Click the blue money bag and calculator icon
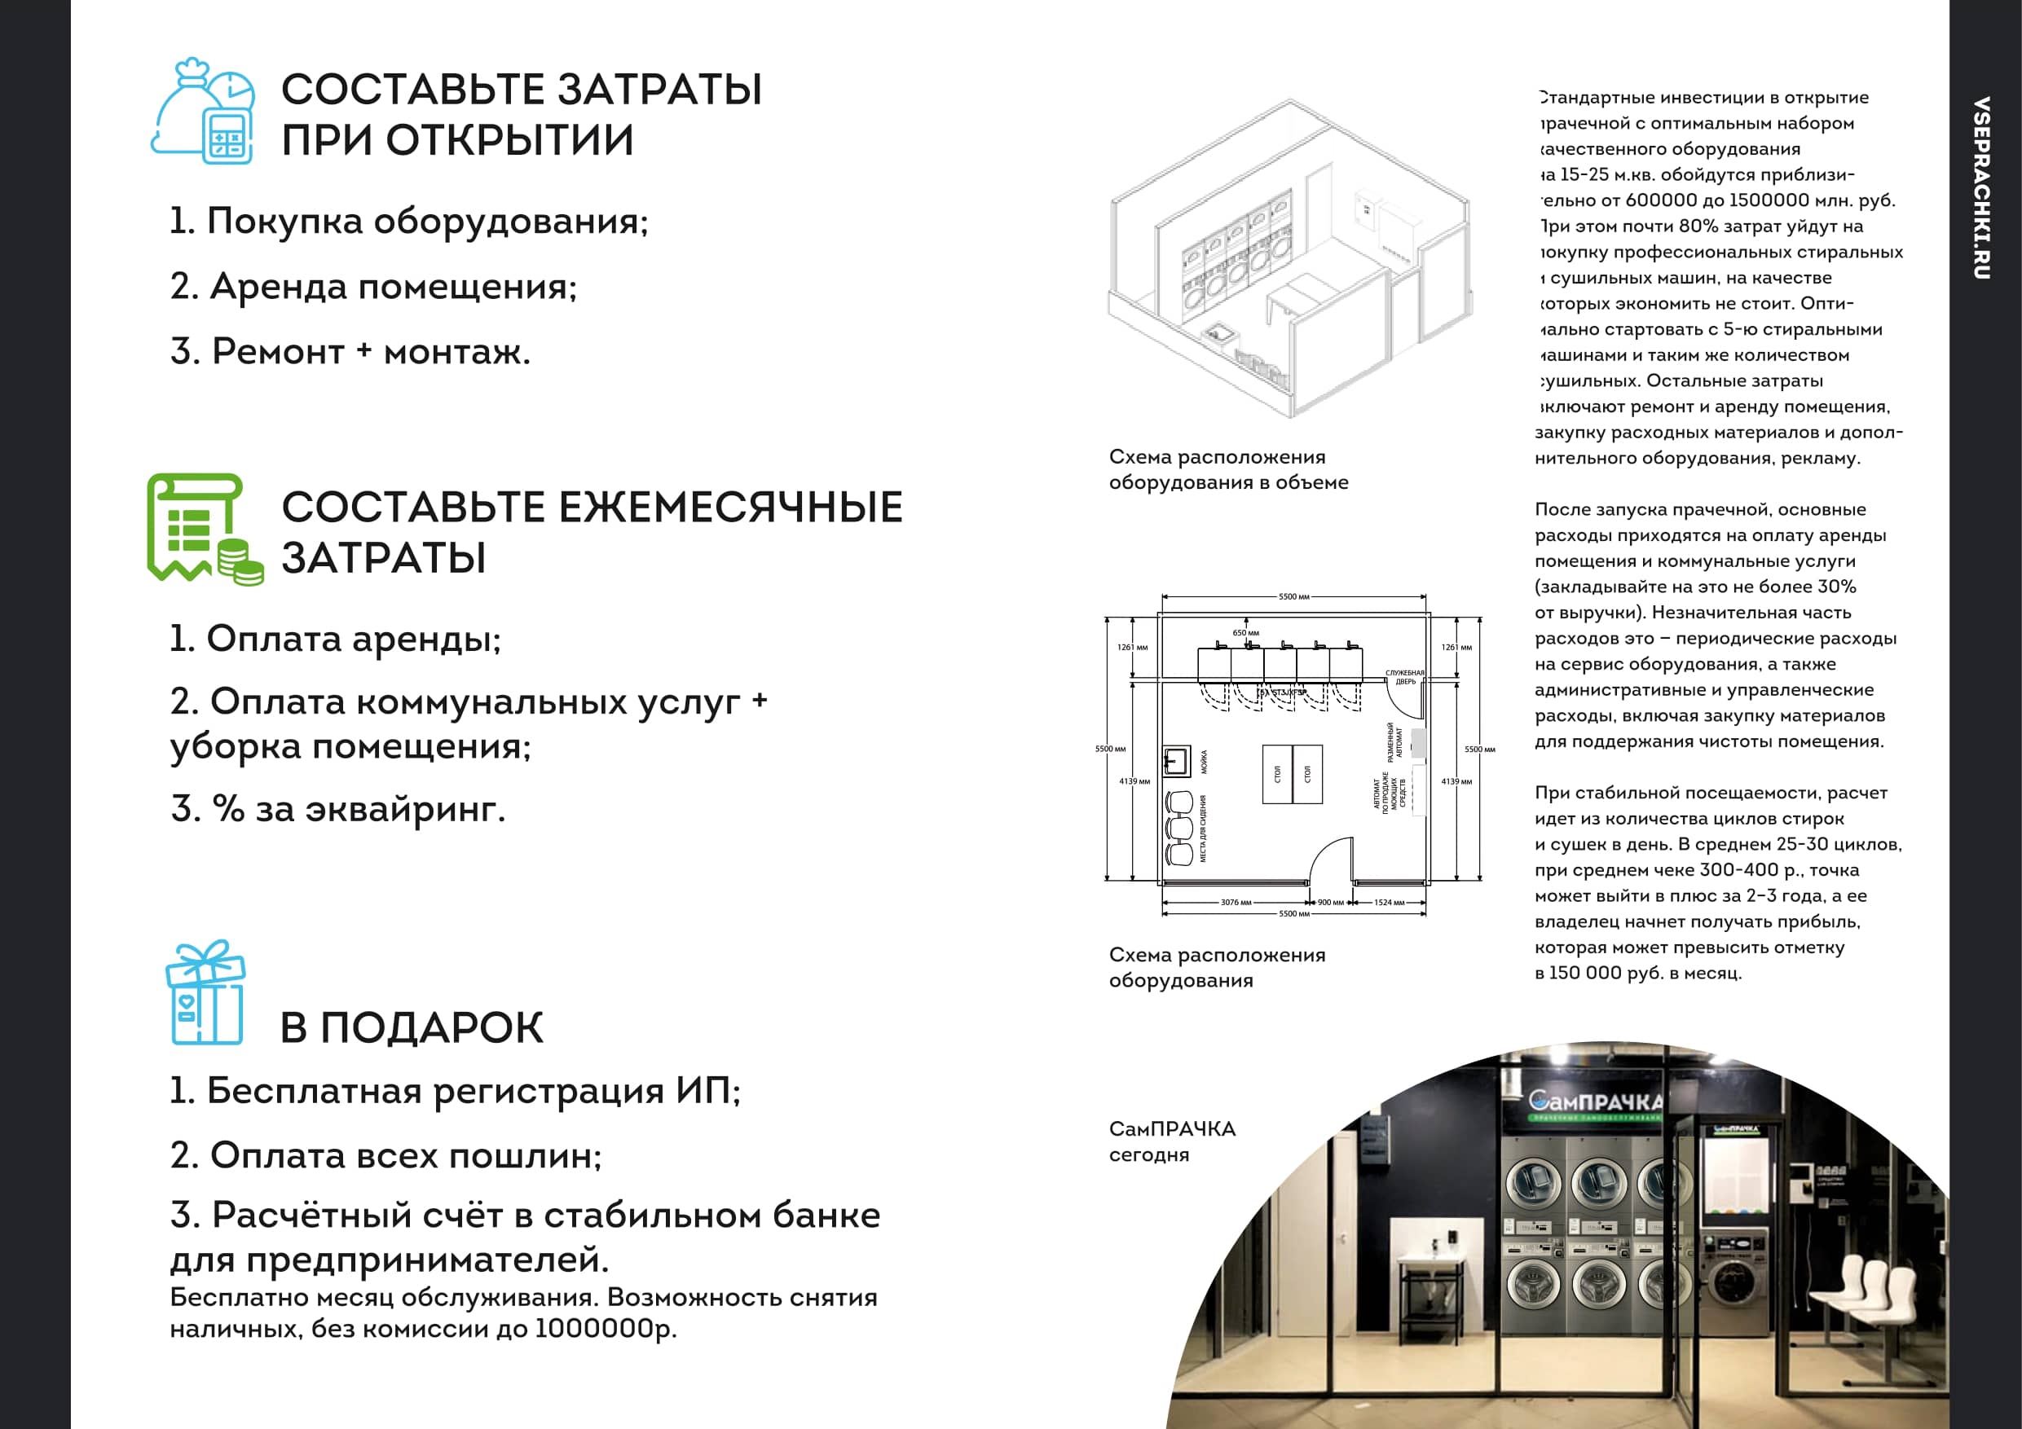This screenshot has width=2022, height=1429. pos(204,112)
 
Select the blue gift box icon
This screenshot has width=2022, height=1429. pos(205,992)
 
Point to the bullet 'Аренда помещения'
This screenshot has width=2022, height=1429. pos(373,286)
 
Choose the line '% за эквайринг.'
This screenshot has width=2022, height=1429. pos(338,808)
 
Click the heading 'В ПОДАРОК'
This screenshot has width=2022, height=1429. pos(412,1027)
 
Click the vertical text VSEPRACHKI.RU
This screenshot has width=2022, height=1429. pos(1980,187)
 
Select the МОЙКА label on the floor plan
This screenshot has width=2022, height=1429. pos(1204,762)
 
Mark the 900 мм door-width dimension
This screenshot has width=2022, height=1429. pos(1331,903)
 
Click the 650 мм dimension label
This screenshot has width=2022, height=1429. pos(1245,633)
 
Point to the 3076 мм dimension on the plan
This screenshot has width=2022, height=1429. pos(1236,903)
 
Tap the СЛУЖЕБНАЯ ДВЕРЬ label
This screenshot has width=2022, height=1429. pos(1405,677)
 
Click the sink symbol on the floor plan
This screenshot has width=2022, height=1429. pos(1176,762)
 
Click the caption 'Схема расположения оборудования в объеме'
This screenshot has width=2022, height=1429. pos(1228,469)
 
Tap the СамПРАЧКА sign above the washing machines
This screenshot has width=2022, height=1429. pos(1595,1101)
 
